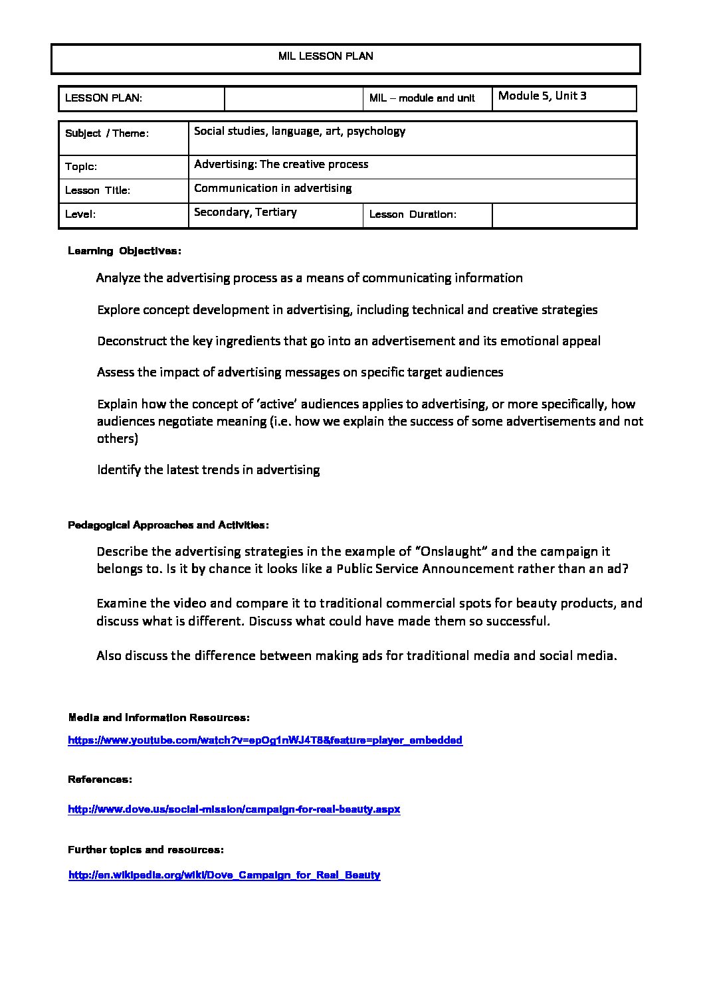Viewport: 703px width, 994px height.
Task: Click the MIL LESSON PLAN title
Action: click(326, 56)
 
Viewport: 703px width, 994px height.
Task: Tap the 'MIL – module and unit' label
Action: click(422, 98)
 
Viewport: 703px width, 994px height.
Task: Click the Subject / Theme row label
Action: click(107, 133)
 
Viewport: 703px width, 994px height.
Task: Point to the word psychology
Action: click(376, 131)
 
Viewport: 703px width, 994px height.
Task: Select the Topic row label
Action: click(81, 167)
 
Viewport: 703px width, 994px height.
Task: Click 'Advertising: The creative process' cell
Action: click(281, 164)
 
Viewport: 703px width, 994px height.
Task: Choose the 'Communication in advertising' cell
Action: click(273, 188)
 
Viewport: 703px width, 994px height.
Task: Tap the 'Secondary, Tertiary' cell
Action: click(245, 212)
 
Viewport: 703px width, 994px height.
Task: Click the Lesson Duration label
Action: click(413, 214)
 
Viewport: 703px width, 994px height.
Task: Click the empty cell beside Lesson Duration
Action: click(563, 215)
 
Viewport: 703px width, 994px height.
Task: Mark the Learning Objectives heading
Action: click(124, 251)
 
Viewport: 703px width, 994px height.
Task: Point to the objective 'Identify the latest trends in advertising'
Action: click(208, 469)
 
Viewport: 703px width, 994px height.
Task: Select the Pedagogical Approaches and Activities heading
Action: click(168, 525)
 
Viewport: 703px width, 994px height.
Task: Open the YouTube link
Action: click(265, 740)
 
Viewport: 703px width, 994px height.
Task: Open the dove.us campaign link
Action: click(234, 809)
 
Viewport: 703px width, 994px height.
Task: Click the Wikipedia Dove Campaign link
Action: click(225, 875)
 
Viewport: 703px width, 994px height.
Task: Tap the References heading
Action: click(100, 779)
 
